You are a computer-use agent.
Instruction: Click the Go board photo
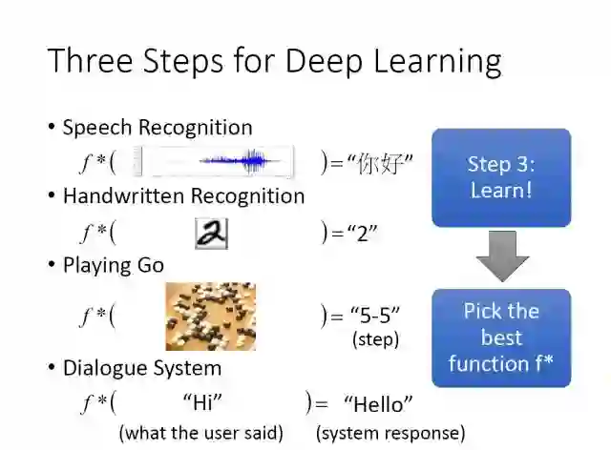pyautogui.click(x=210, y=316)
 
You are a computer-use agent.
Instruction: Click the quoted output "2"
pyautogui.click(x=361, y=233)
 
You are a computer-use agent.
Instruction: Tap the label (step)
pyautogui.click(x=375, y=338)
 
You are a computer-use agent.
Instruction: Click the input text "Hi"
pyautogui.click(x=201, y=403)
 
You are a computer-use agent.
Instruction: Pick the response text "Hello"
pyautogui.click(x=378, y=403)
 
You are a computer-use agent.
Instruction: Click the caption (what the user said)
pyautogui.click(x=200, y=432)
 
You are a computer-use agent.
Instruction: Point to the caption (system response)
pyautogui.click(x=390, y=432)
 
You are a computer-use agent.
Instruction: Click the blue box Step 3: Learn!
pyautogui.click(x=501, y=177)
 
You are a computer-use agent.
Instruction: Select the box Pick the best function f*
pyautogui.click(x=501, y=337)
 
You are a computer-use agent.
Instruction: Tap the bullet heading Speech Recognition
pyautogui.click(x=158, y=128)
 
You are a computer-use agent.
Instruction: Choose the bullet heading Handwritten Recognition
pyautogui.click(x=183, y=196)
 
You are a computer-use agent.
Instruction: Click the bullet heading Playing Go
pyautogui.click(x=114, y=265)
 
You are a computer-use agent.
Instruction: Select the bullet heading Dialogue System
pyautogui.click(x=141, y=368)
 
